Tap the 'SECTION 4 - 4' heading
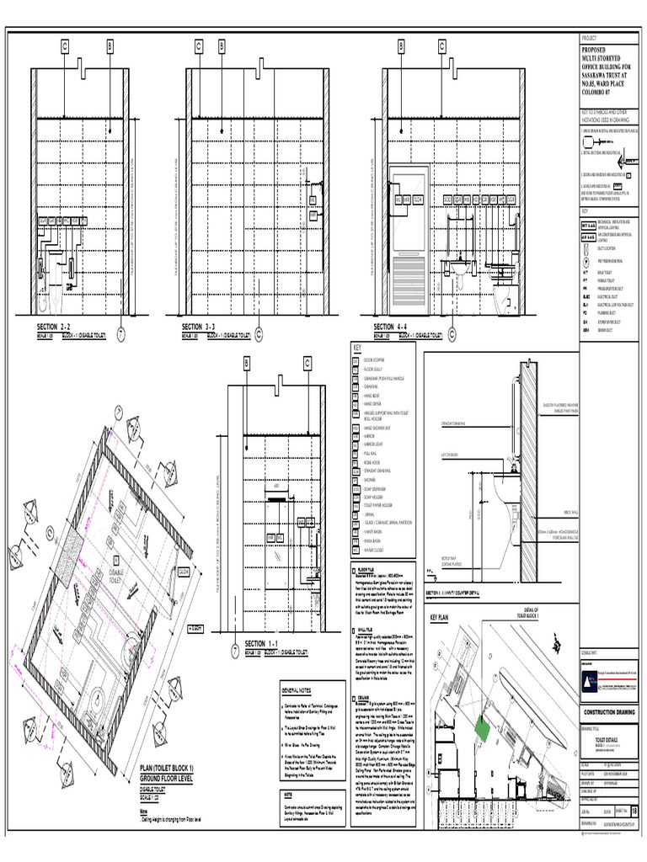tap(396, 326)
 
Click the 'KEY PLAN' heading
tap(442, 617)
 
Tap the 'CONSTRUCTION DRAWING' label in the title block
tap(609, 712)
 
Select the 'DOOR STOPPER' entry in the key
tap(375, 359)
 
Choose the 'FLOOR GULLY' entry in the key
tap(374, 369)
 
